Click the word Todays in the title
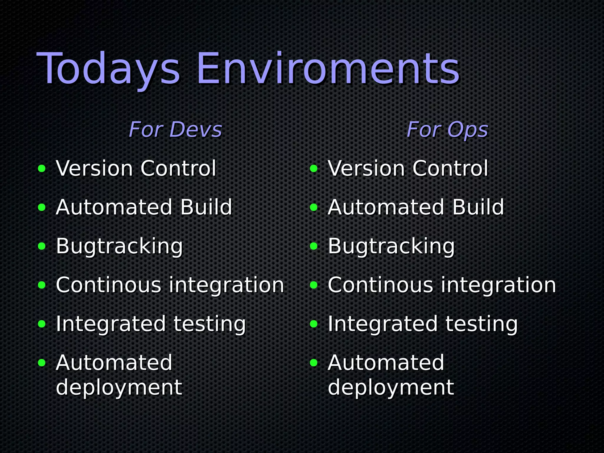(x=108, y=69)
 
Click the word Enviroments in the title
(x=328, y=69)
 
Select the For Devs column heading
(x=175, y=130)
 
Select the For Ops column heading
(x=447, y=130)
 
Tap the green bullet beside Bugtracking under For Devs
(x=42, y=246)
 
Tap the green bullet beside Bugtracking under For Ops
(x=314, y=246)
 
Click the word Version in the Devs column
(x=94, y=168)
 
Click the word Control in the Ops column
(x=450, y=168)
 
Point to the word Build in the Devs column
(x=206, y=207)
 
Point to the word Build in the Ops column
(x=478, y=207)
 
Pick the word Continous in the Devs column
(x=108, y=285)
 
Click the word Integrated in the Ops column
(x=383, y=324)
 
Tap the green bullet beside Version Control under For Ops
(x=314, y=169)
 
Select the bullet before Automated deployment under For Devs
(x=42, y=363)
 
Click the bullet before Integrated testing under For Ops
(x=314, y=324)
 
